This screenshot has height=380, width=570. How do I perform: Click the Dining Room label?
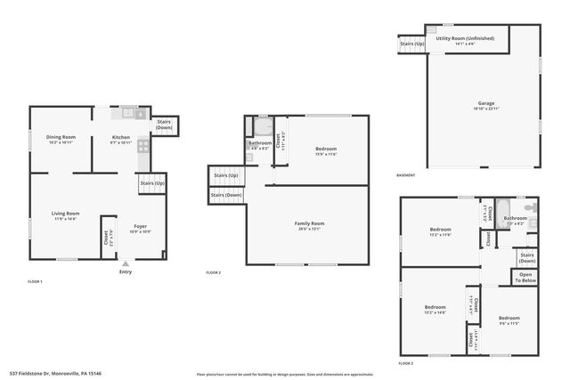point(61,137)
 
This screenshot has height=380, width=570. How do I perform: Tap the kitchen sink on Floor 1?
point(128,113)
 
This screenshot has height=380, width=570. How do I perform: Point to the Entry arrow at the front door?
point(125,264)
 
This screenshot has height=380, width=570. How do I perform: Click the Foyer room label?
point(141,226)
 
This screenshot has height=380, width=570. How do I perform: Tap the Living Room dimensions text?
point(65,218)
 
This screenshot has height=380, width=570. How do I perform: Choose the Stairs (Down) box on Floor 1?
point(164,125)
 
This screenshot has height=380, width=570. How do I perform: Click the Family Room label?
point(310,222)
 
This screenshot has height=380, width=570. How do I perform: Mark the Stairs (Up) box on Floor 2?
point(226,175)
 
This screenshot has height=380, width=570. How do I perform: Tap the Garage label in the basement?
point(485,103)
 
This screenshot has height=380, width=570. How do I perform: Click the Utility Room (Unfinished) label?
point(467,38)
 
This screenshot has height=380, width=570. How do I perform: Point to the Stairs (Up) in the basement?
point(411,43)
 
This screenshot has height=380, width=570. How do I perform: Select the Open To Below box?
point(525,278)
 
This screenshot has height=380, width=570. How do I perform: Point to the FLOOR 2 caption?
point(213,272)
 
